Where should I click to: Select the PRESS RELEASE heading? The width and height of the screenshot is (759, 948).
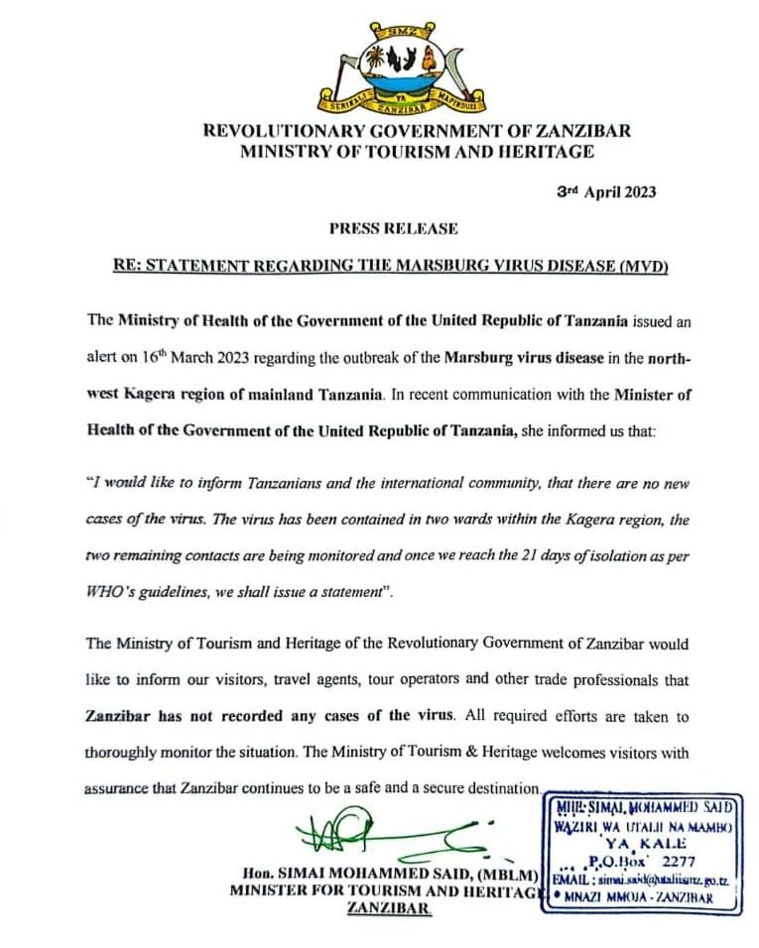click(x=394, y=228)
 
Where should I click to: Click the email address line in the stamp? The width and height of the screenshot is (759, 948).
click(x=641, y=879)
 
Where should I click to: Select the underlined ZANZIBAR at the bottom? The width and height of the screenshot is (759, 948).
click(x=389, y=908)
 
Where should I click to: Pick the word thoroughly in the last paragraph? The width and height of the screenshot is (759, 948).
click(x=131, y=752)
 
